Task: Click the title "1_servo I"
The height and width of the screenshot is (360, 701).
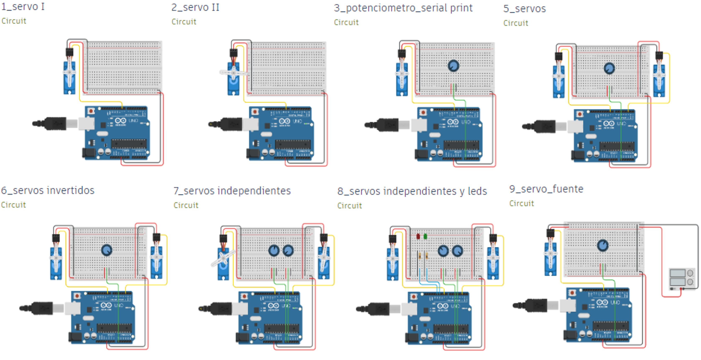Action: (x=23, y=7)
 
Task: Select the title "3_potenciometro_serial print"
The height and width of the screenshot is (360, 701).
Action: (x=403, y=8)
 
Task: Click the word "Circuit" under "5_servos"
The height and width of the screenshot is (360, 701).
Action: (x=515, y=23)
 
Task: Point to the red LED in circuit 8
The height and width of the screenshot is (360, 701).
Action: (x=418, y=236)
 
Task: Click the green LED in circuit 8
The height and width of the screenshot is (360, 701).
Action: (x=425, y=236)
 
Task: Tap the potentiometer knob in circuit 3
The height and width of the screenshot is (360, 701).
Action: (x=453, y=66)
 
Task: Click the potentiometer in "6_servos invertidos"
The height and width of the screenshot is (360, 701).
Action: (x=106, y=250)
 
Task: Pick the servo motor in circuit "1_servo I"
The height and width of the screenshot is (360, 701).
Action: (x=69, y=78)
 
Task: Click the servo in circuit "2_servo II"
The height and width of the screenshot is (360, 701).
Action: (x=233, y=79)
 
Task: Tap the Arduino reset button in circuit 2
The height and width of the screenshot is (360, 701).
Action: (x=255, y=112)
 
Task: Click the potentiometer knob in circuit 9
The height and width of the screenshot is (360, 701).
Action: (x=603, y=245)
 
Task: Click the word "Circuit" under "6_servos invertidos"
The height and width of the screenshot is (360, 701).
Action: (x=13, y=205)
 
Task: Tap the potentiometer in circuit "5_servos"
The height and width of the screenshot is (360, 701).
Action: (x=609, y=68)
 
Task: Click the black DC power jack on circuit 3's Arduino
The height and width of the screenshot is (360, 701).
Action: (x=421, y=154)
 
